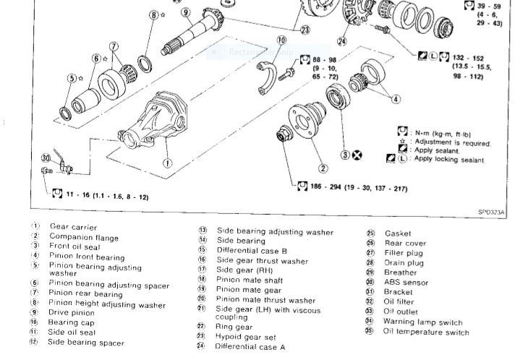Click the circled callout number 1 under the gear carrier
[167, 163]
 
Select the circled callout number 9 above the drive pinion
[186, 12]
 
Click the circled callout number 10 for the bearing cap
[281, 40]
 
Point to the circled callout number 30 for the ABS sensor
[46, 158]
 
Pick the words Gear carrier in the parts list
[73, 227]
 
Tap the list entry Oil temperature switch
[427, 332]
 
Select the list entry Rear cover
[405, 244]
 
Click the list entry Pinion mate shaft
[249, 280]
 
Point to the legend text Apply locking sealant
[448, 158]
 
